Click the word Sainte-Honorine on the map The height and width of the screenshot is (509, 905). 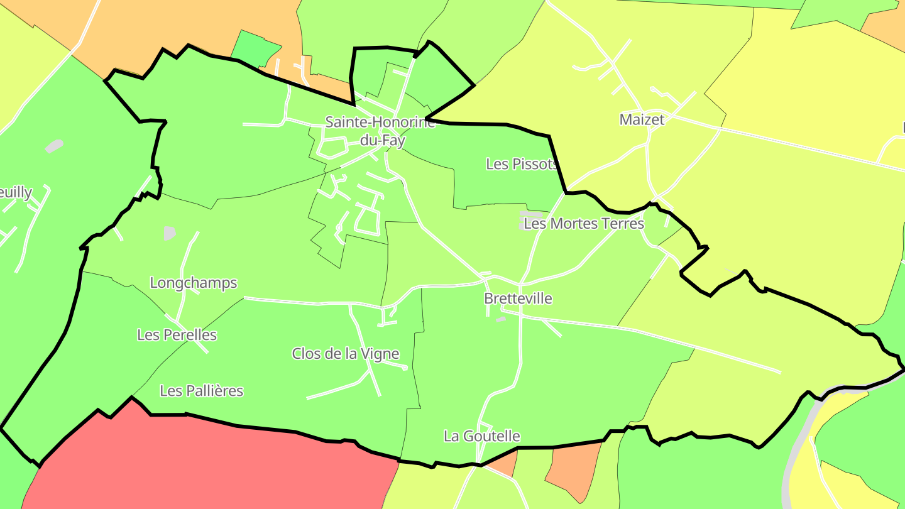click(380, 122)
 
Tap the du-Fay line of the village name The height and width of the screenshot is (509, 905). click(382, 140)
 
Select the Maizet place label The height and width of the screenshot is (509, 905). click(642, 119)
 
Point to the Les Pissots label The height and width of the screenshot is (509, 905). click(522, 164)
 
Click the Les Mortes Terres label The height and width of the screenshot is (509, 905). click(584, 224)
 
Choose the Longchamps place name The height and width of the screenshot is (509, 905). click(194, 283)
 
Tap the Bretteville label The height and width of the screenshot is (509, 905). click(518, 298)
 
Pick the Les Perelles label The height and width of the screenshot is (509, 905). click(177, 335)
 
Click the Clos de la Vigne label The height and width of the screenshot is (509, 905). click(345, 354)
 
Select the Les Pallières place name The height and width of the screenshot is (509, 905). click(201, 391)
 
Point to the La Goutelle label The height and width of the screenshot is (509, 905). click(481, 436)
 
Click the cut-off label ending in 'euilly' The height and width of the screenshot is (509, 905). click(16, 192)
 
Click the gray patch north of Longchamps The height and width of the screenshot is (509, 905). click(170, 233)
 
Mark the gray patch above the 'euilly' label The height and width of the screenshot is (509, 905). click(54, 146)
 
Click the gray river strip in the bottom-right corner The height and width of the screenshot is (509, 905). click(793, 459)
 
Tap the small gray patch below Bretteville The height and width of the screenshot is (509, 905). click(500, 319)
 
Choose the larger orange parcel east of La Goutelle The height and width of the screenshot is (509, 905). click(572, 468)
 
